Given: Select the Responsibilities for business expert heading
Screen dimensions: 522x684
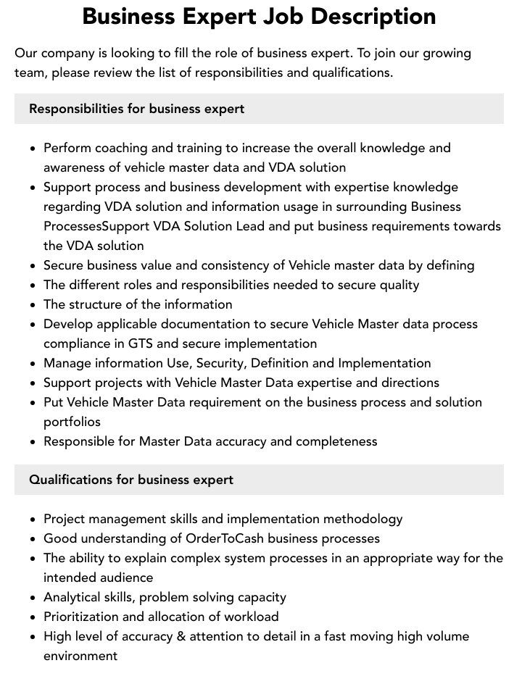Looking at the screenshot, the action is pyautogui.click(x=136, y=109).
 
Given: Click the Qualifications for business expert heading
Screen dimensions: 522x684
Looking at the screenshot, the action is pyautogui.click(x=131, y=480).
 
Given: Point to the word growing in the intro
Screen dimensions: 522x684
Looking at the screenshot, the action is pyautogui.click(x=445, y=53).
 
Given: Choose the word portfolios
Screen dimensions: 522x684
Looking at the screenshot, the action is pyautogui.click(x=72, y=422).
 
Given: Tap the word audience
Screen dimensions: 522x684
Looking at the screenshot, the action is pyautogui.click(x=125, y=577).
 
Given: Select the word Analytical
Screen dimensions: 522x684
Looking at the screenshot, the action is pyautogui.click(x=74, y=597).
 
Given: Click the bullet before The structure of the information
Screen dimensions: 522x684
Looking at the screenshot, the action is pyautogui.click(x=33, y=305).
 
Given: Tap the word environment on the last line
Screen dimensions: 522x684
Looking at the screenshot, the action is pyautogui.click(x=80, y=656).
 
